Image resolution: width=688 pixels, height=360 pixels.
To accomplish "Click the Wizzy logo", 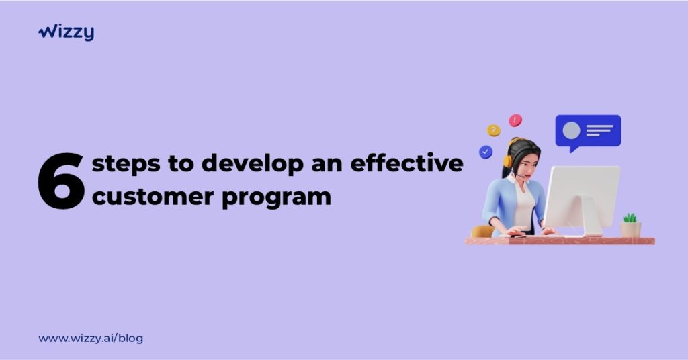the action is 66,32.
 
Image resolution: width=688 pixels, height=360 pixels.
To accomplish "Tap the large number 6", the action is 61,181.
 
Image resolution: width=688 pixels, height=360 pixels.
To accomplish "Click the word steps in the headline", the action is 126,164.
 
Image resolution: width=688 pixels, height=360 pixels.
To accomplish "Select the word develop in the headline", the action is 253,163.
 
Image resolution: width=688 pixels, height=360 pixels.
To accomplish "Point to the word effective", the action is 406,163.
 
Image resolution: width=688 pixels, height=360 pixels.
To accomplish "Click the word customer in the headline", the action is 153,196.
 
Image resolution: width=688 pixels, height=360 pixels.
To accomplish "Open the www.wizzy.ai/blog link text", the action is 91,339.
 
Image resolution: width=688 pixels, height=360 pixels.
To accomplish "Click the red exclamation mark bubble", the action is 515,120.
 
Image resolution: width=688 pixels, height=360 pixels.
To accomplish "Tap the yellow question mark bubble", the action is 494,130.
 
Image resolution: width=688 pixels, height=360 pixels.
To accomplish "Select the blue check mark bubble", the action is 485,152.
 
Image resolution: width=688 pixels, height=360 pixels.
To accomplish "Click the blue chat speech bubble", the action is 588,132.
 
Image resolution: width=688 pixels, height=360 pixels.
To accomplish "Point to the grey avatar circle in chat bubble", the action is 571,130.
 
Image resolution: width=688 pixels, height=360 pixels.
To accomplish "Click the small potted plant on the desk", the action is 630,226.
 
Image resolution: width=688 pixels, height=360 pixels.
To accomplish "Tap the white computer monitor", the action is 581,200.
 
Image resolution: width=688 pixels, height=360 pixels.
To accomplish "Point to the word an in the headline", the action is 327,165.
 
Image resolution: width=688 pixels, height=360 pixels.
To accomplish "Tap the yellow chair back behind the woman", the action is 482,232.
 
